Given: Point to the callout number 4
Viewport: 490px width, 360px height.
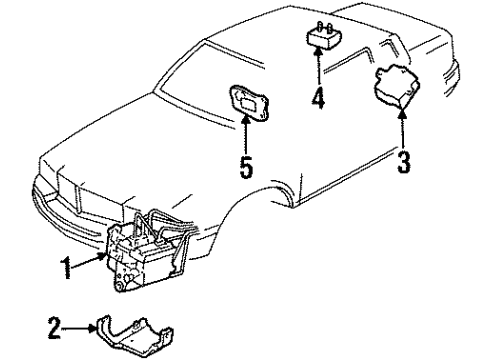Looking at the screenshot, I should click(x=318, y=101).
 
